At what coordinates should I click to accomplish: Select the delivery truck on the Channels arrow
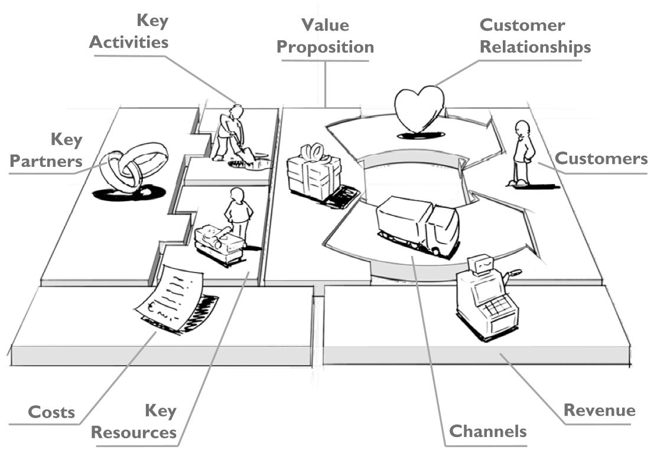(x=417, y=225)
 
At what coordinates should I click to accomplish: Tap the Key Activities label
(x=129, y=32)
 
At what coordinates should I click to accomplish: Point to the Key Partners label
(x=47, y=150)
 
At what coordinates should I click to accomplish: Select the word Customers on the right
(x=601, y=158)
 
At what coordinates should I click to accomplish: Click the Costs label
(x=51, y=412)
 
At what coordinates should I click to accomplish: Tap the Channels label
(x=487, y=431)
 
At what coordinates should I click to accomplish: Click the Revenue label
(x=599, y=410)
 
